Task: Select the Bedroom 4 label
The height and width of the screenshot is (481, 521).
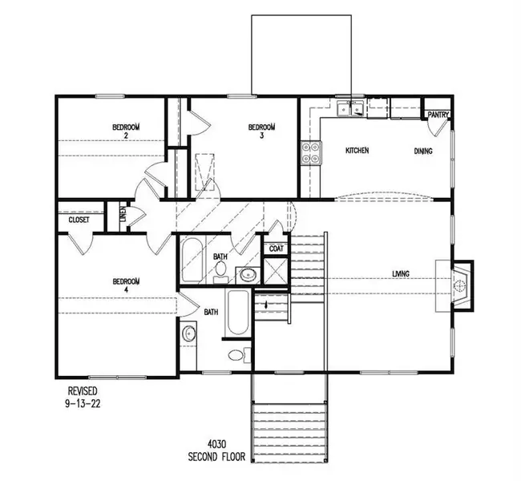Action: point(127,285)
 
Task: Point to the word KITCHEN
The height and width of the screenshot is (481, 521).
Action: point(357,151)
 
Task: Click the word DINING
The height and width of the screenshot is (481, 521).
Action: point(424,151)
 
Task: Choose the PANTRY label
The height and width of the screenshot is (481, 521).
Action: point(438,115)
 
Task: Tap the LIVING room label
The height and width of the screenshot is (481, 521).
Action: point(401,274)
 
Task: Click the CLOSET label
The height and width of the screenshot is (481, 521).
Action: point(79,219)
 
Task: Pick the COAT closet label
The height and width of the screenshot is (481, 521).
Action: point(275,249)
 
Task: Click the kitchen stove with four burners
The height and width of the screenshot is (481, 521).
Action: point(311,152)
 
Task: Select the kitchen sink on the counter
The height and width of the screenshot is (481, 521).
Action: point(349,109)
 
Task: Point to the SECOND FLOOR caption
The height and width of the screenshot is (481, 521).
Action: point(216,459)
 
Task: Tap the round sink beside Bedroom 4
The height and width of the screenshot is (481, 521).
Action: point(189,333)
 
